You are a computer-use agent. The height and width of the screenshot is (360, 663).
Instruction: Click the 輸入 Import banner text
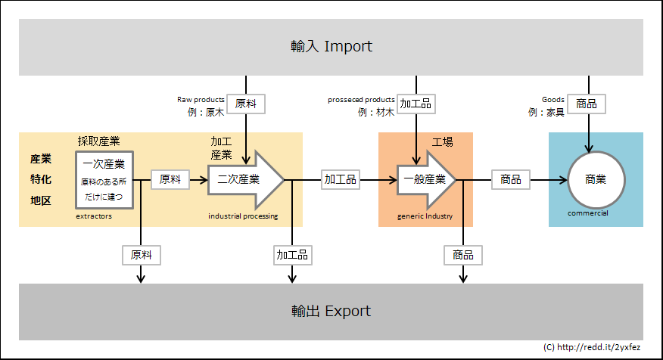(x=331, y=46)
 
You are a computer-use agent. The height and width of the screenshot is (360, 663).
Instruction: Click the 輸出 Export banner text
(x=331, y=311)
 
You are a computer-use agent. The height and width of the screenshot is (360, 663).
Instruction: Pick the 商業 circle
(x=596, y=179)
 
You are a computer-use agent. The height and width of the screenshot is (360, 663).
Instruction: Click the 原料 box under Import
(x=246, y=104)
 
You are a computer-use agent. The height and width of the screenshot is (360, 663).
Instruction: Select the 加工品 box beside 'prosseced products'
(x=416, y=104)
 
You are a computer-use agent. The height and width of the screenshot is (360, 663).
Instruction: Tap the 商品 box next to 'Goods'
(x=587, y=104)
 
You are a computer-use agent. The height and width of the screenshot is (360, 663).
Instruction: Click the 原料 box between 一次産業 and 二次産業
(x=170, y=179)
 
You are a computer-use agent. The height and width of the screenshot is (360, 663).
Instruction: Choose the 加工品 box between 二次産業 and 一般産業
(x=341, y=179)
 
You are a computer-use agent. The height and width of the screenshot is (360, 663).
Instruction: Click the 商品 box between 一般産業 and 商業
(x=511, y=179)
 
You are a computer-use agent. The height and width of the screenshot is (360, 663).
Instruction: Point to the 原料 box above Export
(x=142, y=255)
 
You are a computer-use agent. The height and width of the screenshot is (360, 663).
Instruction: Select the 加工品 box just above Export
(x=293, y=255)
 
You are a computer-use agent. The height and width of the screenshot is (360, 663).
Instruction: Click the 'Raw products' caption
(x=201, y=99)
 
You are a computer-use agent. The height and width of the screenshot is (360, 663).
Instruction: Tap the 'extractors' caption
(x=94, y=216)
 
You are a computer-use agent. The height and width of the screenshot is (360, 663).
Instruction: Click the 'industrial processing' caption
(x=243, y=216)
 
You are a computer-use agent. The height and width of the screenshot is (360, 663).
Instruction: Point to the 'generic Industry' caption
(x=425, y=216)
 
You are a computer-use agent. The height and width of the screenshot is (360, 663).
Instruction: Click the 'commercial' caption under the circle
(x=588, y=213)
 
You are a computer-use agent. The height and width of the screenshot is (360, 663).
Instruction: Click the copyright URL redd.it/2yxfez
(x=591, y=347)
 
